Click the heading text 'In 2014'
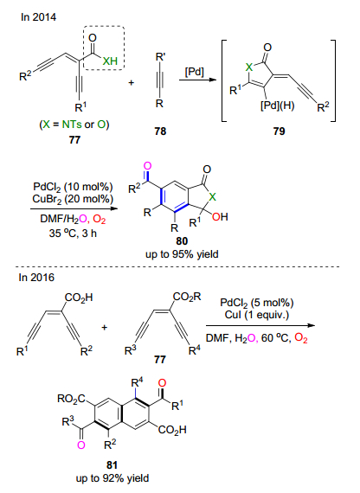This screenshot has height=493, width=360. [38, 17]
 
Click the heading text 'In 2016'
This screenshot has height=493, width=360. [36, 278]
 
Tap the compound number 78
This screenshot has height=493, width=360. [160, 131]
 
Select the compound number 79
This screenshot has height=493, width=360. [279, 131]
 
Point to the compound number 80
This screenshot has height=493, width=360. [182, 241]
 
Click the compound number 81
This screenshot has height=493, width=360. [112, 465]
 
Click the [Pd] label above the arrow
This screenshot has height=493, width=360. [195, 72]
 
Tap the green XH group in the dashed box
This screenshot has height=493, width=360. [110, 61]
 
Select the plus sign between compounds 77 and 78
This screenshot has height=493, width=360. [131, 83]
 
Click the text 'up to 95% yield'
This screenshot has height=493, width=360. [182, 254]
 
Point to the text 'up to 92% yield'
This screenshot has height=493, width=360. [112, 478]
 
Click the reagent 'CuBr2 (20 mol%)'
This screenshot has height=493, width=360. [73, 199]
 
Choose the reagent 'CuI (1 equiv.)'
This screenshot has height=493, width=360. [257, 315]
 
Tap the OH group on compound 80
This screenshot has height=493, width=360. [220, 216]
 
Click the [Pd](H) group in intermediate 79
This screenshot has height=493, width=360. [277, 106]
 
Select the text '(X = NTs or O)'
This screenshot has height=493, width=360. [74, 125]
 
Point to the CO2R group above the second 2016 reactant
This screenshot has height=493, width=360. [187, 297]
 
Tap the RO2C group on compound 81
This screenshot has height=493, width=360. [72, 399]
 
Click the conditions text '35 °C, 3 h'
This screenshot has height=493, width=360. [73, 233]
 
